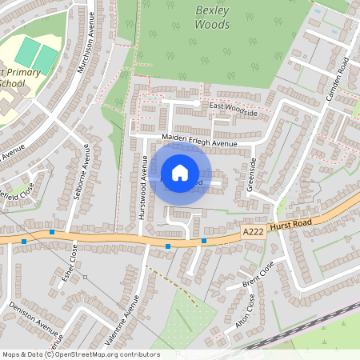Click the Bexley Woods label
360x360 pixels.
(212, 16)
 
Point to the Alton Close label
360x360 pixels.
(245, 313)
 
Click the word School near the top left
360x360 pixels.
(12, 82)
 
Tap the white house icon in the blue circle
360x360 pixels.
(180, 172)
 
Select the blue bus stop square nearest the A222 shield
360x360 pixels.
(204, 241)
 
